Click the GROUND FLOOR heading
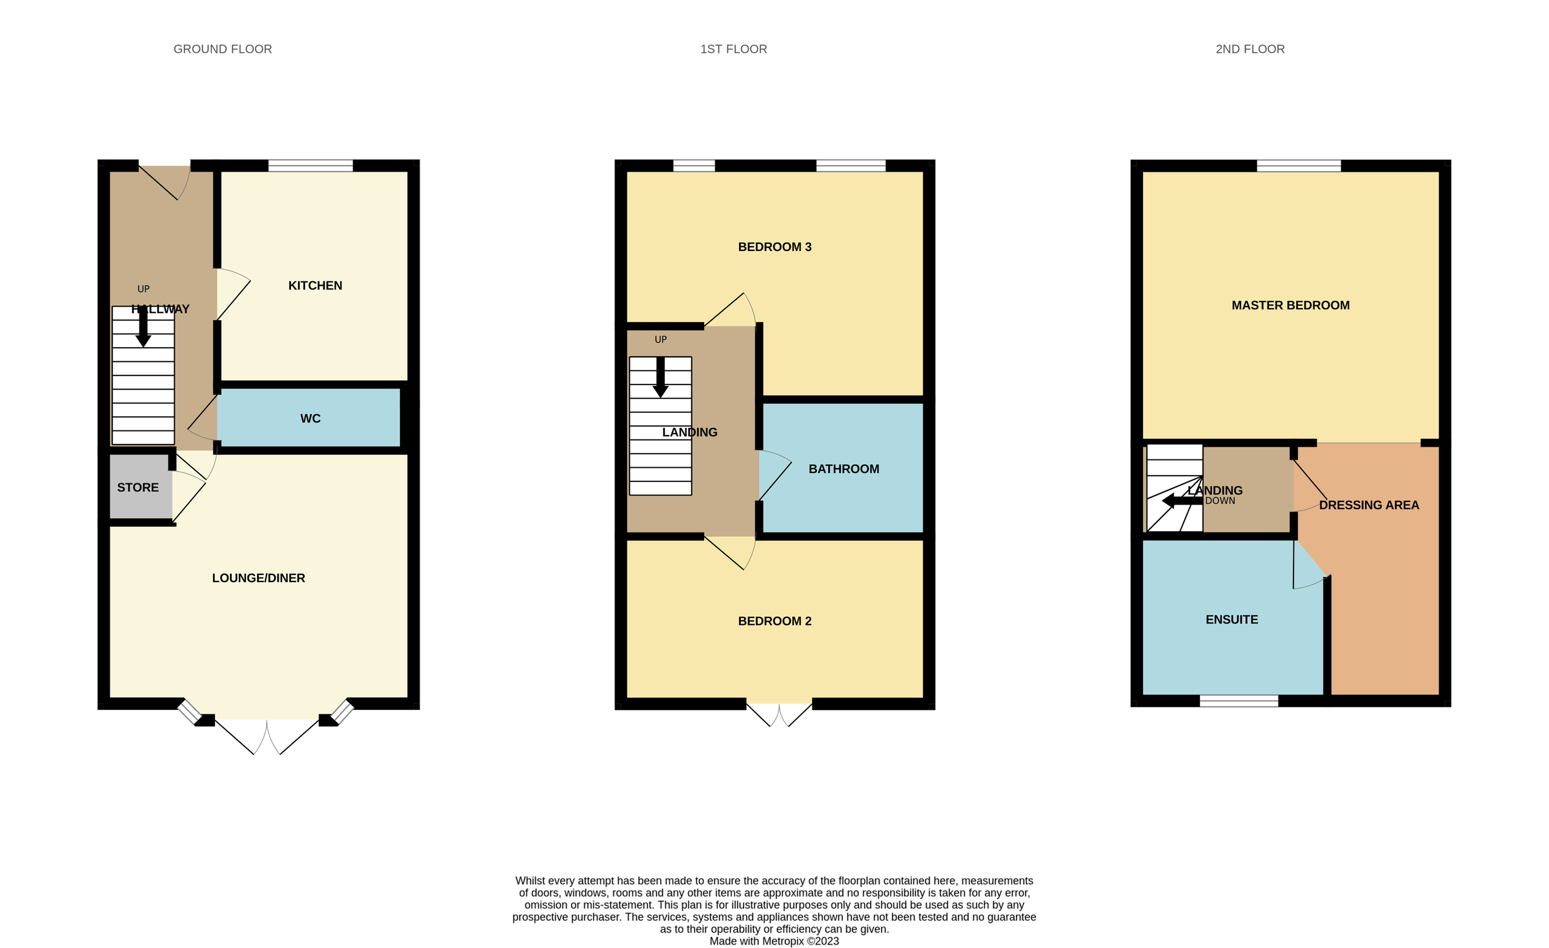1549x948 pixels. tap(223, 49)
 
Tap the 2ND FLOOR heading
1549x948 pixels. tap(1250, 49)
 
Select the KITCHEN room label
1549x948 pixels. tap(315, 286)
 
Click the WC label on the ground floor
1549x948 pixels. tap(310, 419)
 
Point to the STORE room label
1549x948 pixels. tap(137, 488)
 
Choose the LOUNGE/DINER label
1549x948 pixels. tap(258, 578)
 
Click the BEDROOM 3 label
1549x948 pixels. tap(774, 247)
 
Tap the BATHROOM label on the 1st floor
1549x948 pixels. tap(844, 469)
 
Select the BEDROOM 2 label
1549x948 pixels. tap(774, 621)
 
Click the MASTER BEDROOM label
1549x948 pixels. tap(1290, 306)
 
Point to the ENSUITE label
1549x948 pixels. tap(1231, 620)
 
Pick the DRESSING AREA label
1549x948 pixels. tap(1369, 505)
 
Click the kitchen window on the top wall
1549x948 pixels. tap(310, 166)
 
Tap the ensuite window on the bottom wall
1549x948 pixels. tap(1239, 701)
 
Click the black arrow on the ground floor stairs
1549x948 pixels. tap(143, 329)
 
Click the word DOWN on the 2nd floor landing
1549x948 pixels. tap(1220, 501)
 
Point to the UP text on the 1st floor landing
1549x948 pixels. tap(660, 339)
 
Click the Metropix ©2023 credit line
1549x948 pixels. tap(774, 941)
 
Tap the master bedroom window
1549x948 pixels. tap(1299, 166)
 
